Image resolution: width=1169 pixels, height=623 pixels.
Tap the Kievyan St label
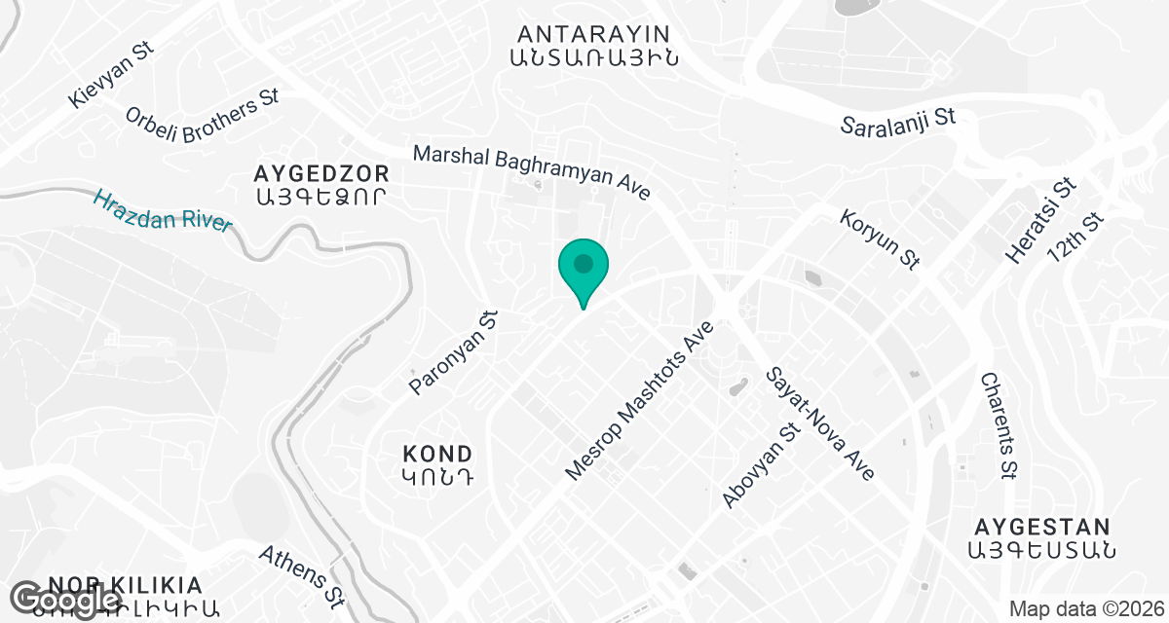pos(113,75)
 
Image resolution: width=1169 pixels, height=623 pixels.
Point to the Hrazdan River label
pos(163,210)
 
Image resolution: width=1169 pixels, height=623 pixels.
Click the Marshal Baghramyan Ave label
pos(531,172)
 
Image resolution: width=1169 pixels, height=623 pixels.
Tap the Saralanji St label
pos(898,122)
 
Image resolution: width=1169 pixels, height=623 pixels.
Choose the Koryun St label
pos(881,237)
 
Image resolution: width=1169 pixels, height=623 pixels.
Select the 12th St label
pos(1077,238)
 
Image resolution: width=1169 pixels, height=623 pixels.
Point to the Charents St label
pos(999,425)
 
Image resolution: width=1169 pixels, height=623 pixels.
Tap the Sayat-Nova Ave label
pos(820,422)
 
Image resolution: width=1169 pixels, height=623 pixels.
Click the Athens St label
pos(302,574)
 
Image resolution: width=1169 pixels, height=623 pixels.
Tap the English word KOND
pos(437,454)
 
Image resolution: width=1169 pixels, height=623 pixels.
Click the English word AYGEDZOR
pos(321,174)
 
